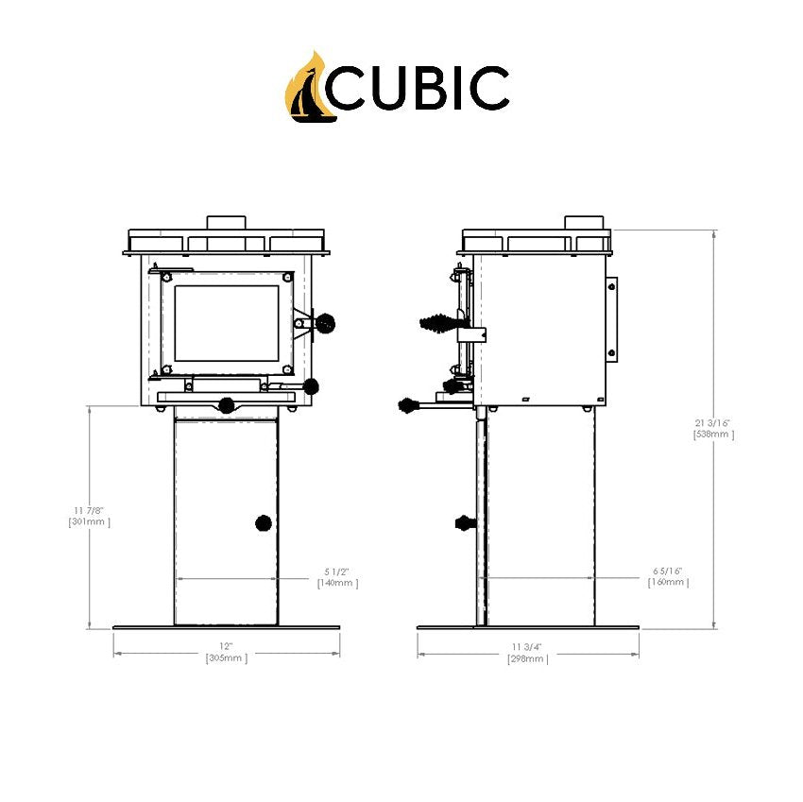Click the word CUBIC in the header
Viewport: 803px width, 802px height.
point(418,88)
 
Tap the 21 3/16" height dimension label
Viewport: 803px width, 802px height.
point(714,429)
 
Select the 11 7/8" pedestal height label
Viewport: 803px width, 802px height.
point(89,516)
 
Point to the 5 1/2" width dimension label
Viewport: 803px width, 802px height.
point(337,577)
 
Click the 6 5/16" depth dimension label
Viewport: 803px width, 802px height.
point(668,576)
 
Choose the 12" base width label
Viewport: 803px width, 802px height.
point(226,653)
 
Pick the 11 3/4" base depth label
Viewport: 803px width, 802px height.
point(527,653)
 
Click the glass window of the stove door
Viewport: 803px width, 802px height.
point(227,323)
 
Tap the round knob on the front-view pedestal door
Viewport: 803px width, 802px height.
point(264,523)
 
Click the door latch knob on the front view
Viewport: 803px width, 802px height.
point(325,323)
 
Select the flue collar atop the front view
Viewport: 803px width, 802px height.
point(227,223)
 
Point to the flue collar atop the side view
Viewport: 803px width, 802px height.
point(584,223)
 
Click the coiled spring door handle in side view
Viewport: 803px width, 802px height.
point(437,323)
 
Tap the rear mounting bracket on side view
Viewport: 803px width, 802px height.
point(611,319)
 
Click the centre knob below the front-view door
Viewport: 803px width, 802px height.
point(227,405)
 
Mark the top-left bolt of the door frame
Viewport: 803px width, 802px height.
point(166,278)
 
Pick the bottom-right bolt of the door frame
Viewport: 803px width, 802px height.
point(287,368)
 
